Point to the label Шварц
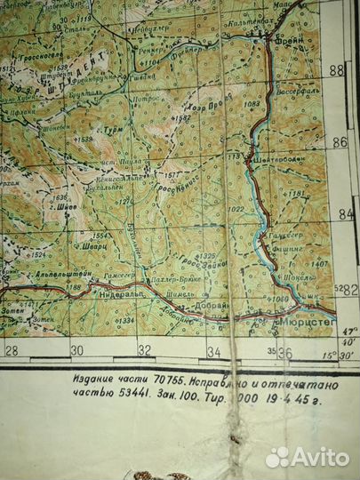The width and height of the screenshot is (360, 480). [x=84, y=249]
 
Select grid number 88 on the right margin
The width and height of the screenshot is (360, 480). [x=336, y=70]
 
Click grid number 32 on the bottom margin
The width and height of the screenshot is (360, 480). [x=144, y=350]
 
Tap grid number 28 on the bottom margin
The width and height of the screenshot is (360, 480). [x=12, y=349]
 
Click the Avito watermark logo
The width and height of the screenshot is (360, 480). [x=307, y=457]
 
